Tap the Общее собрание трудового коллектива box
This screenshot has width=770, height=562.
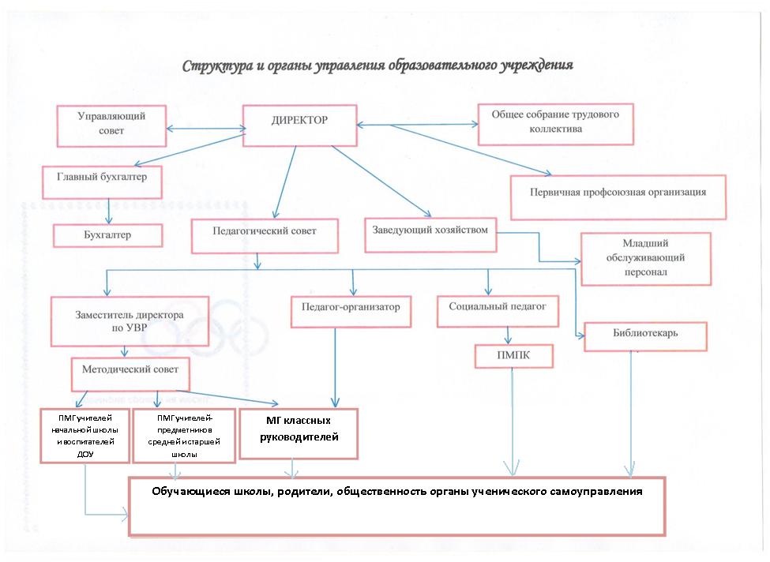[556, 123]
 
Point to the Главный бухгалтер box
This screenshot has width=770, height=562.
[102, 181]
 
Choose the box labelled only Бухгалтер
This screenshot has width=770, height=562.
[107, 235]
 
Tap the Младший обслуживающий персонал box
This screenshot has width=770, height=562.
[645, 258]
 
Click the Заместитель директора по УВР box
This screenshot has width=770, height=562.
[130, 321]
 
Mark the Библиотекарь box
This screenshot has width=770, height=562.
[645, 335]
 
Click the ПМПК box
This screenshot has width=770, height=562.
[513, 357]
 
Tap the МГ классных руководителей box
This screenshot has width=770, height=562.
[299, 432]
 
